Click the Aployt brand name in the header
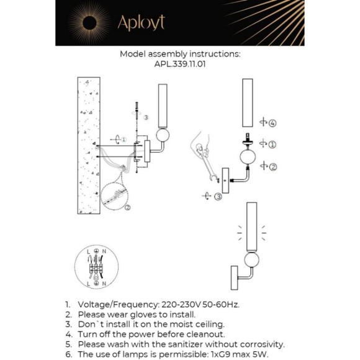tap(141, 23)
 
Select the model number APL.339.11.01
tap(179, 63)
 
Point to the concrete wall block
tap(89, 145)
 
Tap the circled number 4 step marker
tap(272, 123)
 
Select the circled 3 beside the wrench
tap(218, 197)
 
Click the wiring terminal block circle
tap(96, 268)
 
